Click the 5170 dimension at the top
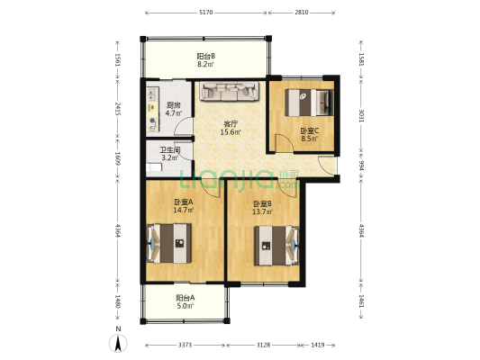tap(206, 13)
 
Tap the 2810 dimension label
tap(301, 13)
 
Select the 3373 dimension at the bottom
tap(185, 345)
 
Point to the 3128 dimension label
tap(263, 345)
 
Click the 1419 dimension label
tap(318, 345)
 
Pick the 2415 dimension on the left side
tap(118, 109)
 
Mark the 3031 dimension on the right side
tap(361, 115)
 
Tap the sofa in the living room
tap(230, 91)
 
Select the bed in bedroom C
tap(309, 103)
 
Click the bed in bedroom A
tap(169, 244)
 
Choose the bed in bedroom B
tap(276, 246)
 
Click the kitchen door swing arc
tap(183, 126)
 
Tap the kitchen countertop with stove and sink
tap(152, 109)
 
